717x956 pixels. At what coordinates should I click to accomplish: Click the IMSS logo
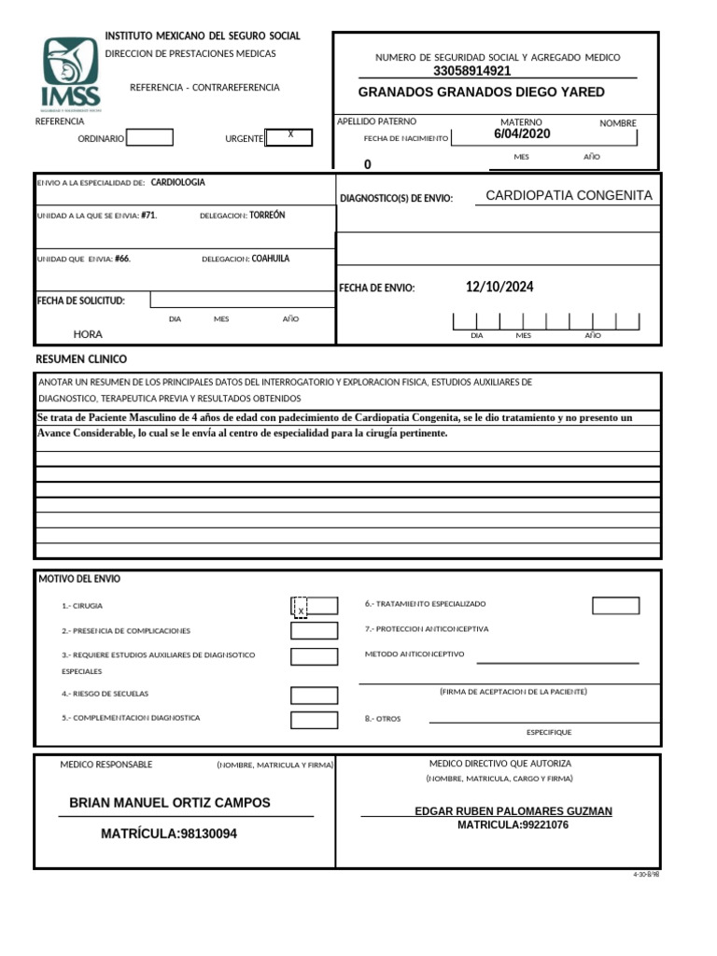[x=69, y=73]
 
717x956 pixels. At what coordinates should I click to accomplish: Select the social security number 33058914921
[x=472, y=71]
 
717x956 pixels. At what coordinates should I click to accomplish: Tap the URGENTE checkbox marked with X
[x=288, y=137]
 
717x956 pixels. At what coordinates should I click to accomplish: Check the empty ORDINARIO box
[x=149, y=138]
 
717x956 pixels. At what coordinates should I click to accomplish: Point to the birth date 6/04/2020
[x=522, y=134]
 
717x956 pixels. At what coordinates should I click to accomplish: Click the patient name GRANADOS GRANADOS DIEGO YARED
[x=481, y=92]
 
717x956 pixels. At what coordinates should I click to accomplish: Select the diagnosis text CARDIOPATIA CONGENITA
[x=569, y=195]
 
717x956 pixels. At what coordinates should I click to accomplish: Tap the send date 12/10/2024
[x=499, y=288]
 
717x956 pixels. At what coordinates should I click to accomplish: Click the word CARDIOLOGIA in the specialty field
[x=177, y=183]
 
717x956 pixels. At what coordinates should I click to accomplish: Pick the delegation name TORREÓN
[x=267, y=216]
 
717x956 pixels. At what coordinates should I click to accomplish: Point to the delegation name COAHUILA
[x=271, y=259]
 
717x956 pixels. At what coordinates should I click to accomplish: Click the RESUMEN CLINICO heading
[x=81, y=359]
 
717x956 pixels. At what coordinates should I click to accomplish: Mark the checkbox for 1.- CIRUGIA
[x=314, y=607]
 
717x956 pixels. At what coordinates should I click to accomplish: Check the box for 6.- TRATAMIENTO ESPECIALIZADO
[x=615, y=606]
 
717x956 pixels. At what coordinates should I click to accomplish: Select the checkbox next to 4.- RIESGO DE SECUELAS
[x=314, y=696]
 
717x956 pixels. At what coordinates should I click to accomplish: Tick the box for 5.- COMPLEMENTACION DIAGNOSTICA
[x=314, y=720]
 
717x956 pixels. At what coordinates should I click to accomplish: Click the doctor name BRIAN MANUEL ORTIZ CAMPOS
[x=170, y=803]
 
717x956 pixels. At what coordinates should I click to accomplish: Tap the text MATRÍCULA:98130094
[x=169, y=834]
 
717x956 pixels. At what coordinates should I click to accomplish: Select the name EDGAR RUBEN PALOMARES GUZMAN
[x=513, y=811]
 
